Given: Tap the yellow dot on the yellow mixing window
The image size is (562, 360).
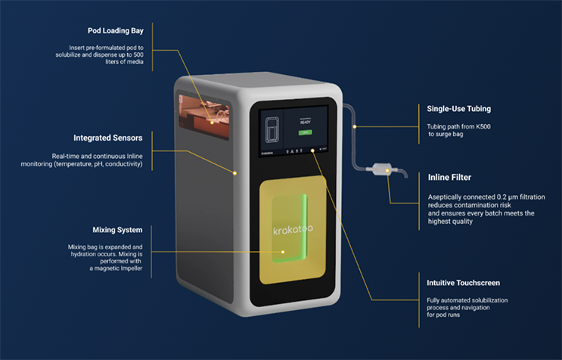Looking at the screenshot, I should [284, 252].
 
